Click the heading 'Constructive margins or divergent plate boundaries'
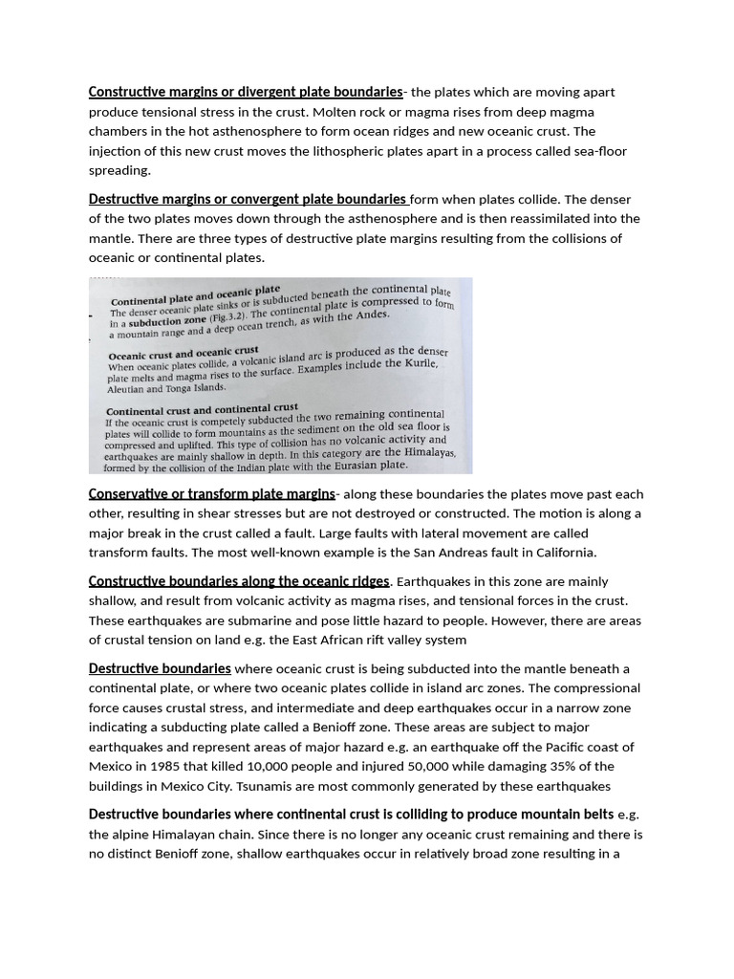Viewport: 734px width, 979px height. (x=246, y=92)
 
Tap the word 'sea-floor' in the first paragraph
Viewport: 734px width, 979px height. (x=597, y=151)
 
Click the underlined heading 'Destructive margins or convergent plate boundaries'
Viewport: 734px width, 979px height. (x=248, y=200)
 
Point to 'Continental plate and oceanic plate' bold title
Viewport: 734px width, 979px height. (x=195, y=295)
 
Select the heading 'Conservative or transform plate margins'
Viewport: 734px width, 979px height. (x=211, y=494)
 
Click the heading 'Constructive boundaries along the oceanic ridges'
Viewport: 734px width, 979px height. (x=239, y=581)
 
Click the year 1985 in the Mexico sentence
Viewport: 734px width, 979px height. (x=162, y=767)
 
